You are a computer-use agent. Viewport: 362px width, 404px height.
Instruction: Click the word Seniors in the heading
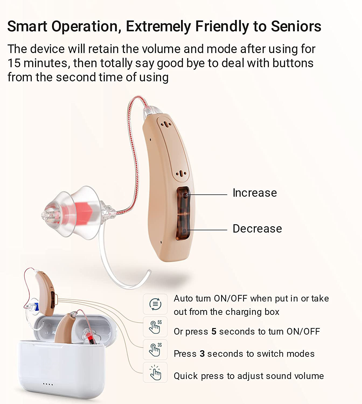[x=296, y=26]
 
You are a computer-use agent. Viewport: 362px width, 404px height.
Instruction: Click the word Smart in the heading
[x=27, y=26]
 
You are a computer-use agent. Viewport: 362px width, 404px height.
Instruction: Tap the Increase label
[x=255, y=193]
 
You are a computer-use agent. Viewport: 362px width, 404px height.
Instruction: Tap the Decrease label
[x=257, y=228]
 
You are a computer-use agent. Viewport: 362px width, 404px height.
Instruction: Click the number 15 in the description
[x=14, y=63]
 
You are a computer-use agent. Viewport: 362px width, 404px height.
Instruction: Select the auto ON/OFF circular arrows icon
[x=155, y=304]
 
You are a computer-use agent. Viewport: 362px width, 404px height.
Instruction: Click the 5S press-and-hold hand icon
[x=155, y=327]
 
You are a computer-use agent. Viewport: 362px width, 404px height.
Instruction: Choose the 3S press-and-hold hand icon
[x=155, y=350]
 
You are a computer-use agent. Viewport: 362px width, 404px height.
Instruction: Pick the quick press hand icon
[x=155, y=372]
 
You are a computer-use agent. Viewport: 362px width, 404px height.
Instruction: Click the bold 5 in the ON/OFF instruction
[x=214, y=332]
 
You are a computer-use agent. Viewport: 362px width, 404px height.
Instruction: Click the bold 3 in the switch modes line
[x=202, y=354]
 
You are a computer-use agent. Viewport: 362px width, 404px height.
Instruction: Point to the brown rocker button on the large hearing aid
[x=183, y=213]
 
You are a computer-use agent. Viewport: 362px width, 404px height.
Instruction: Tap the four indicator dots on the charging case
[x=48, y=384]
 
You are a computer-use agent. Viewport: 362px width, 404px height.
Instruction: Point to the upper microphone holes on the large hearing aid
[x=166, y=125]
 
